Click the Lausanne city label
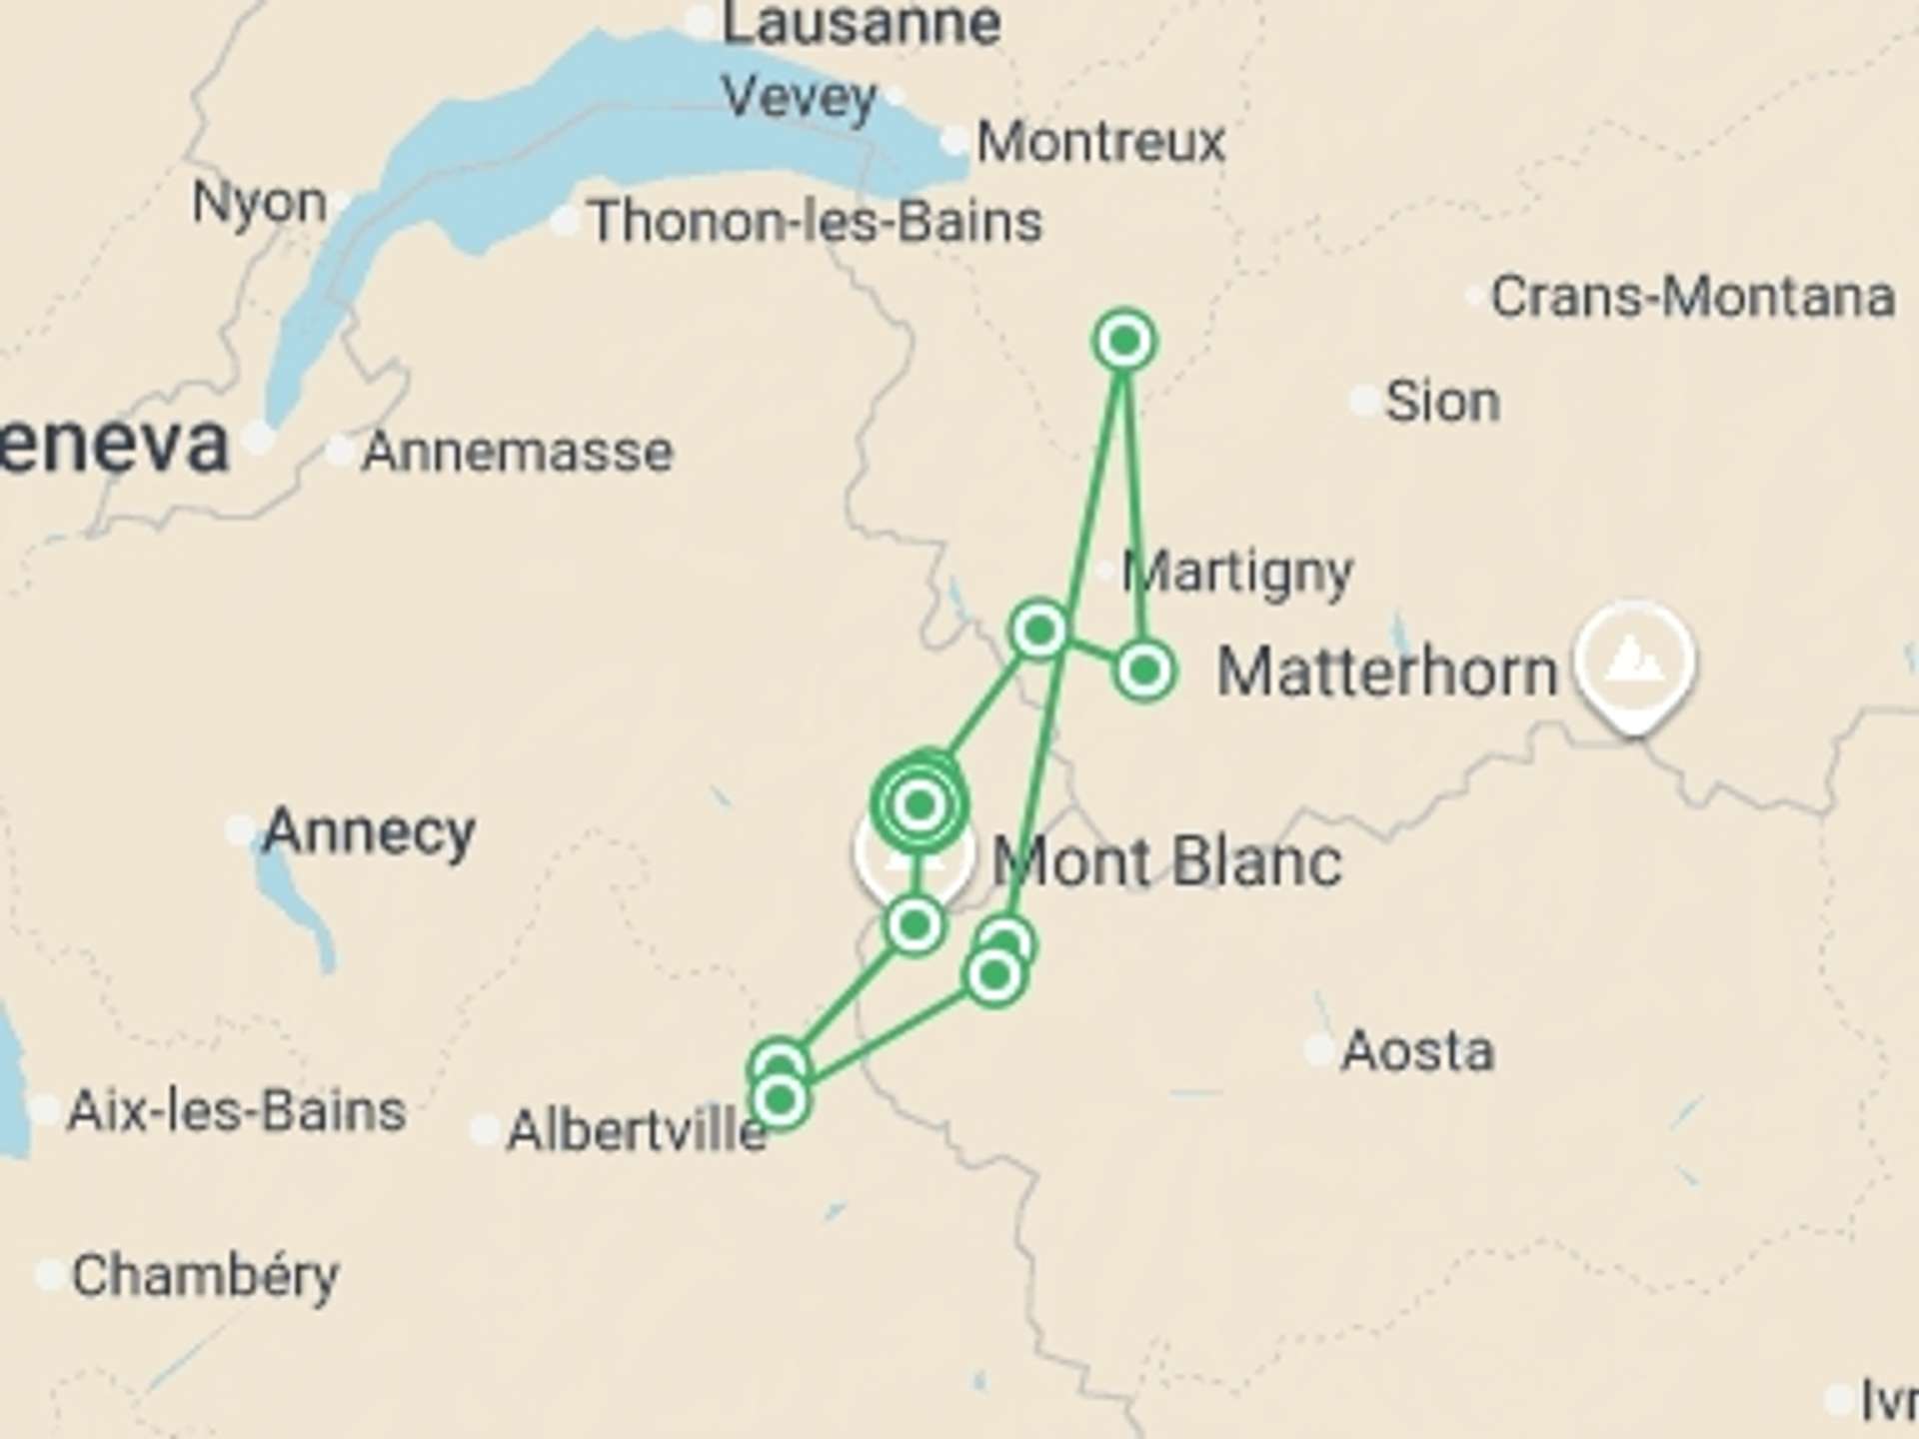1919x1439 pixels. click(x=860, y=24)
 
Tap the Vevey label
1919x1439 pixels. click(x=799, y=98)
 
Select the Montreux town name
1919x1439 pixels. click(x=1100, y=142)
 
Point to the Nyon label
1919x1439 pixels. click(x=259, y=203)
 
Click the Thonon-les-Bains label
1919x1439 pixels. click(x=815, y=221)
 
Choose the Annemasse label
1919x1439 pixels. click(x=517, y=452)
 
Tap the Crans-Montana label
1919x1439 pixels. click(x=1692, y=297)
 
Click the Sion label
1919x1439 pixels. click(x=1441, y=402)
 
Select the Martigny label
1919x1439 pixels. click(x=1237, y=573)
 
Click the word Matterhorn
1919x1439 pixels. click(x=1387, y=672)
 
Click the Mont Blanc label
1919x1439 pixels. click(x=1166, y=861)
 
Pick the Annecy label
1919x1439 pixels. click(x=368, y=832)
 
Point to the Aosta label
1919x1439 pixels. click(x=1417, y=1051)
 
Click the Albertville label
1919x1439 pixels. click(x=636, y=1131)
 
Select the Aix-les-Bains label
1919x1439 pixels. click(x=236, y=1111)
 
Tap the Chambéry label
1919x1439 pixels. click(x=205, y=1276)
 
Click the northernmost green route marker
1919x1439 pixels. click(x=1124, y=341)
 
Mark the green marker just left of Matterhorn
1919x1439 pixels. click(x=1143, y=670)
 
